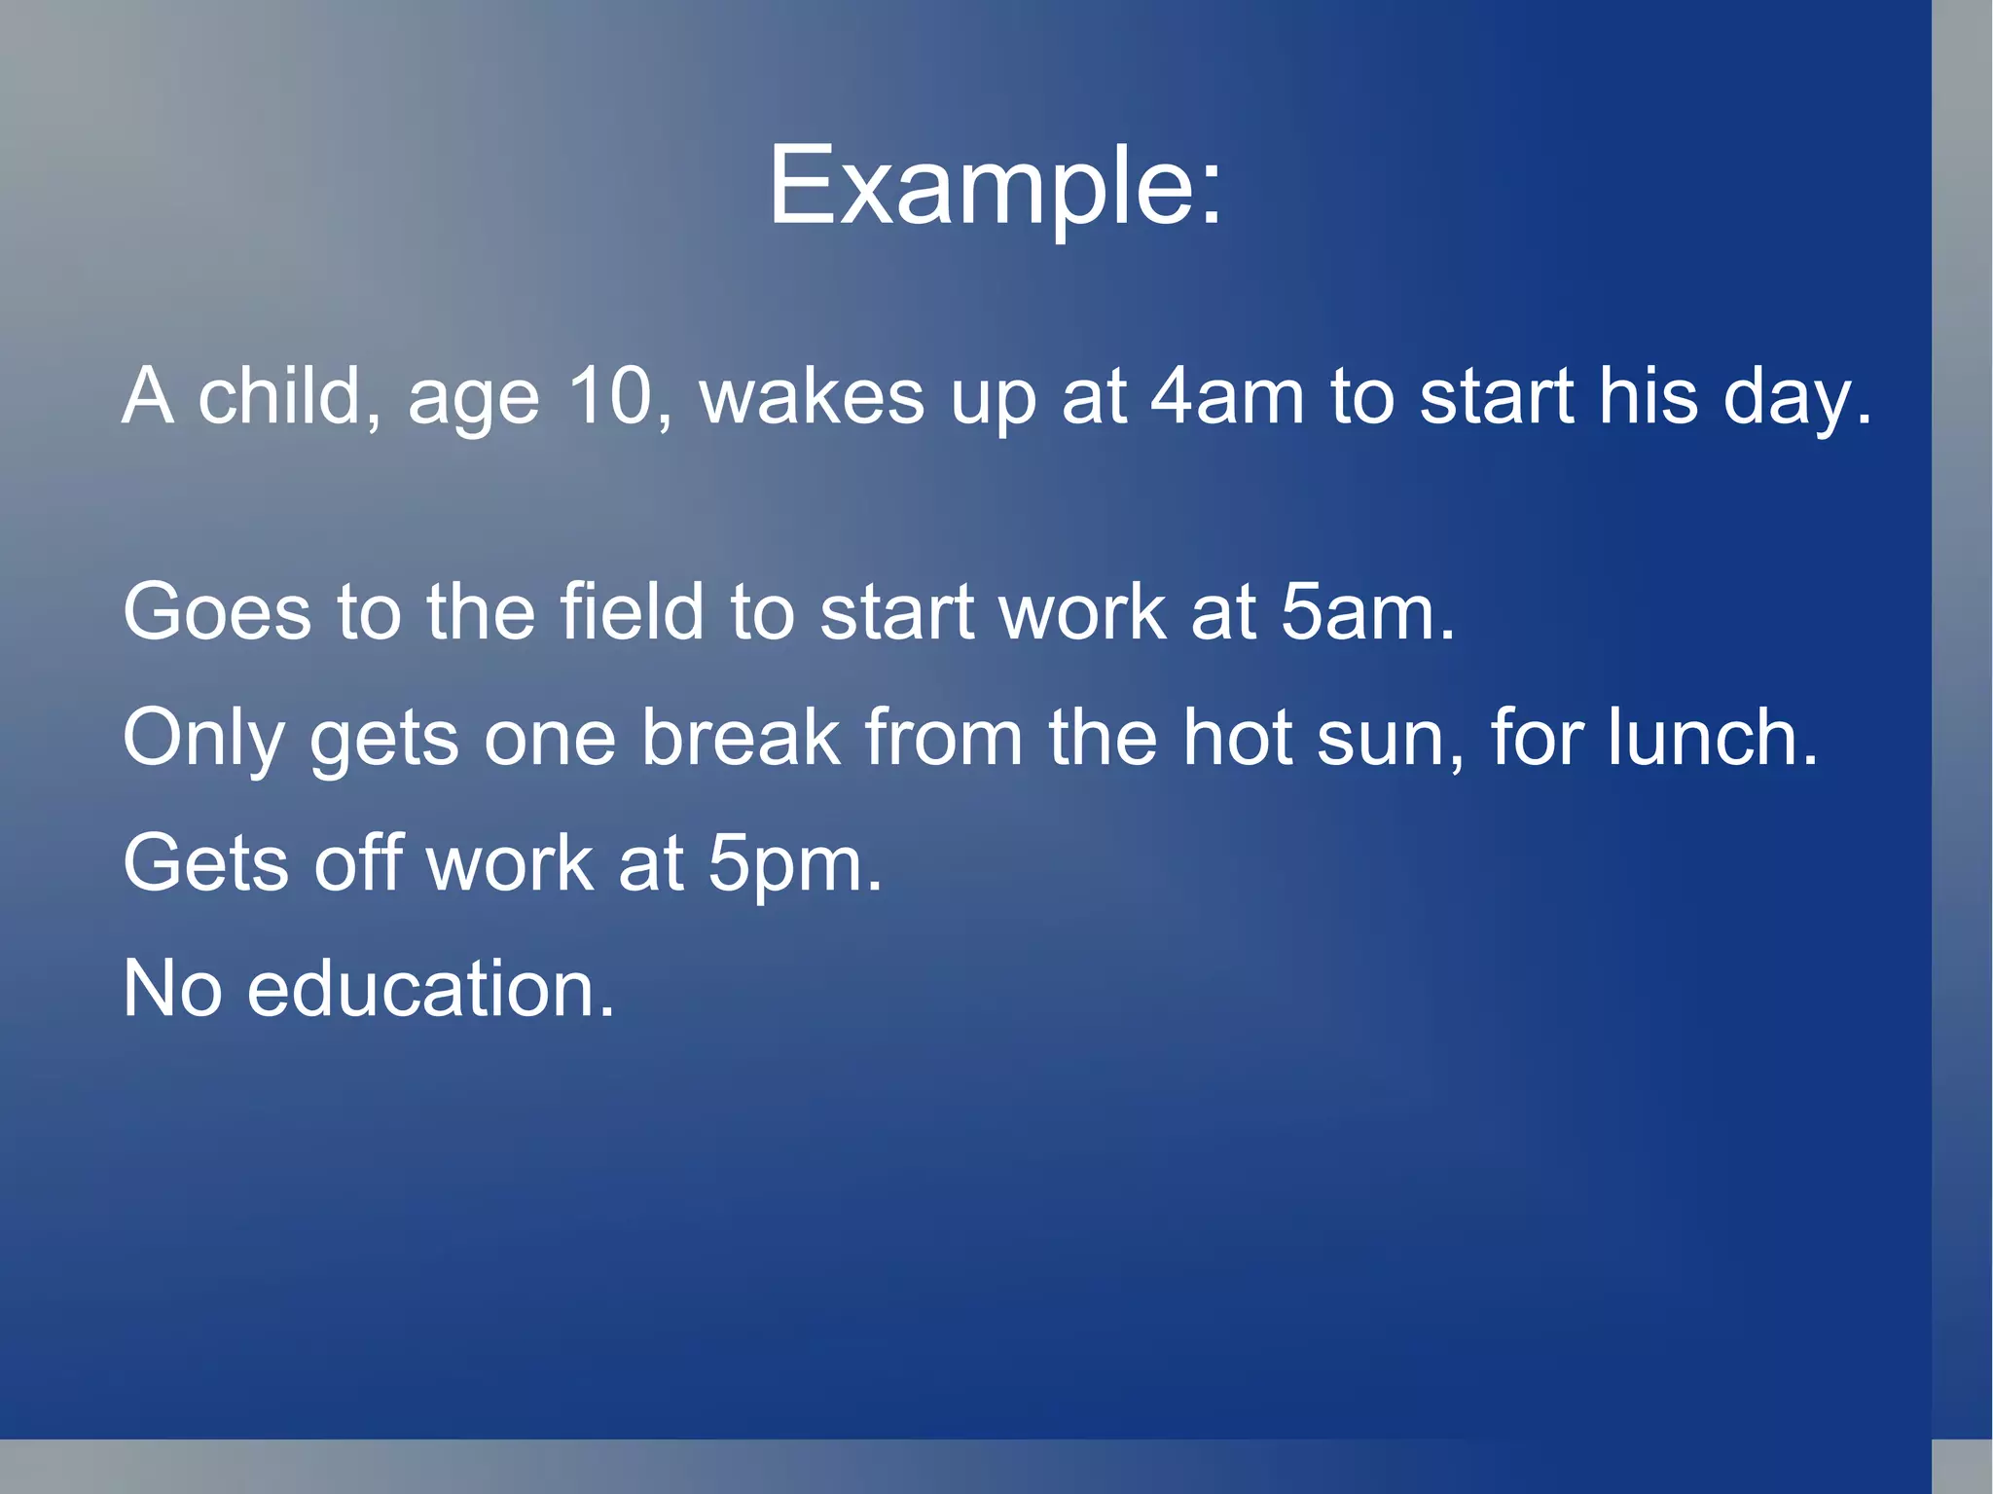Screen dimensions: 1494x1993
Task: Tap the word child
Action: click(279, 396)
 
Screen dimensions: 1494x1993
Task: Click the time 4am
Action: click(1227, 396)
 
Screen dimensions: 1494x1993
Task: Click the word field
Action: click(632, 612)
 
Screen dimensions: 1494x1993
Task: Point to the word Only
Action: click(203, 739)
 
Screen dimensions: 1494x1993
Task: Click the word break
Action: click(741, 737)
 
